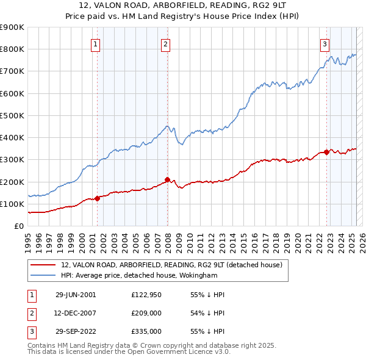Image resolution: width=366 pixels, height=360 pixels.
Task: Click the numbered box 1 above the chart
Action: click(x=96, y=43)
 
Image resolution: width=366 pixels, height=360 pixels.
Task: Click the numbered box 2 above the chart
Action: click(x=166, y=43)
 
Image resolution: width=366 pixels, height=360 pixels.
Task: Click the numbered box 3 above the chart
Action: click(x=325, y=43)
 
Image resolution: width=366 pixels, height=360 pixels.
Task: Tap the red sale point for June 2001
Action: click(x=97, y=198)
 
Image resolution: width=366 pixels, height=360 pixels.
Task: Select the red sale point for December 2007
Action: click(x=167, y=179)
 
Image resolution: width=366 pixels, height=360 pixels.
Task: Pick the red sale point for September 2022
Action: click(x=326, y=152)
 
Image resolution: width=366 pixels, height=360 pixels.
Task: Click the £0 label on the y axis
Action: click(x=18, y=226)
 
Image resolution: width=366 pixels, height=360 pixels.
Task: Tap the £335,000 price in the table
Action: click(x=146, y=331)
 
